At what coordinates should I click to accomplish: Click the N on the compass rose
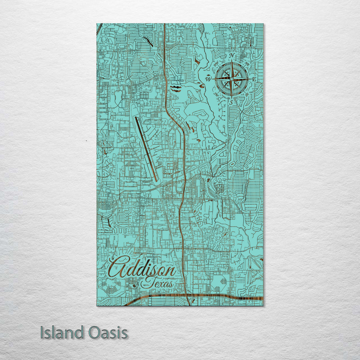coord(232,55)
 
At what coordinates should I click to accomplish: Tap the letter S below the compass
coord(231,103)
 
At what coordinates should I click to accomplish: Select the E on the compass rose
coord(254,79)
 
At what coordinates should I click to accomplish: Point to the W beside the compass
coord(209,79)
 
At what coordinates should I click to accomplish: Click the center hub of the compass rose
coord(231,79)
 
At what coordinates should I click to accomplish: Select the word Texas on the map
coord(157,284)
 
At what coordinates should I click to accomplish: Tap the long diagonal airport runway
coord(146,149)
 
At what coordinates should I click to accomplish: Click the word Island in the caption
coord(62,333)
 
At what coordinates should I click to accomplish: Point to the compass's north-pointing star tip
coord(231,61)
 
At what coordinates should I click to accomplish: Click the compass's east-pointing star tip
coord(248,79)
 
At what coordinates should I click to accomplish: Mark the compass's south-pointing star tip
coord(231,97)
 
